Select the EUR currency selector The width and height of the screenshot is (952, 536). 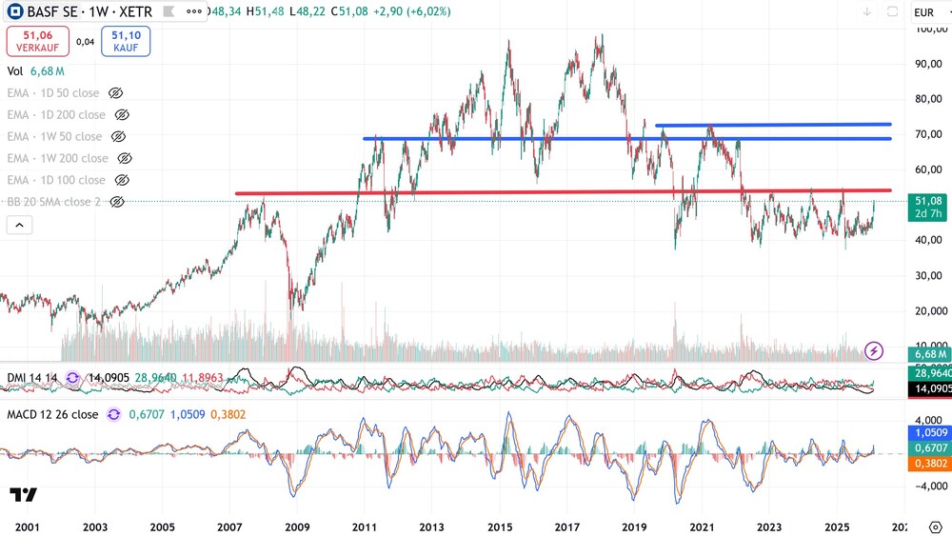coord(923,12)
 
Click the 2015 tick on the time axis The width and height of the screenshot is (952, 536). coord(500,526)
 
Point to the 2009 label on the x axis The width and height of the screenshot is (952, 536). coord(298,526)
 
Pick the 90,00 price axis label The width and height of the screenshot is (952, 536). coord(928,64)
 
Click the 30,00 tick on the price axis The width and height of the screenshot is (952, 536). coord(928,275)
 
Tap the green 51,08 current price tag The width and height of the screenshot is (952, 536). coord(928,201)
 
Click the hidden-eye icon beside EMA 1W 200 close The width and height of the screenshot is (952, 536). coord(124,158)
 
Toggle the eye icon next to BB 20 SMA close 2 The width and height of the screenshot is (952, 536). coord(117,202)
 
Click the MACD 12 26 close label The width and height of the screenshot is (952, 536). coord(52,414)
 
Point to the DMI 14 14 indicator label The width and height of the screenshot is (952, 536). coord(32,378)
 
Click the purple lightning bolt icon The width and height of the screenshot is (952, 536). coord(874,350)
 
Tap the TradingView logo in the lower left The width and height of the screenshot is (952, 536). coord(24,494)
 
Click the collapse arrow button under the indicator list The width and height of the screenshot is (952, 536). coord(19,225)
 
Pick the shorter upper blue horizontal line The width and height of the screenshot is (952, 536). coord(771,125)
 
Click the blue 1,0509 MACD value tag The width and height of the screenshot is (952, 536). coord(929,432)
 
